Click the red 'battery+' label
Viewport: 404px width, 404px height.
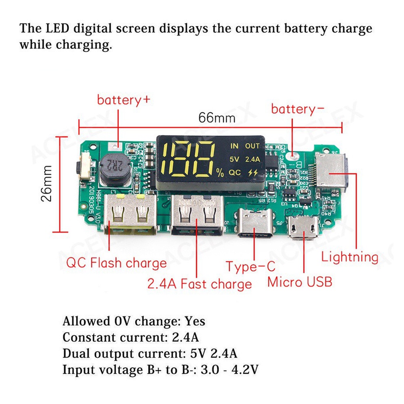click(124, 100)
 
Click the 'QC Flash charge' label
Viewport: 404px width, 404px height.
click(116, 263)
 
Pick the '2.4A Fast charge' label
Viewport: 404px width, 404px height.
click(199, 284)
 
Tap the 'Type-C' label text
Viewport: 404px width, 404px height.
click(250, 267)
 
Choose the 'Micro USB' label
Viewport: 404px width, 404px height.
click(300, 282)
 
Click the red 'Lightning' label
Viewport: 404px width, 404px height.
click(350, 257)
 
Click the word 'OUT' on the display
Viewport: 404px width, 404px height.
click(252, 145)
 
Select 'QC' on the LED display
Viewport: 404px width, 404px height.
click(235, 173)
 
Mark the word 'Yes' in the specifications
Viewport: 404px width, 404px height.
click(195, 322)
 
